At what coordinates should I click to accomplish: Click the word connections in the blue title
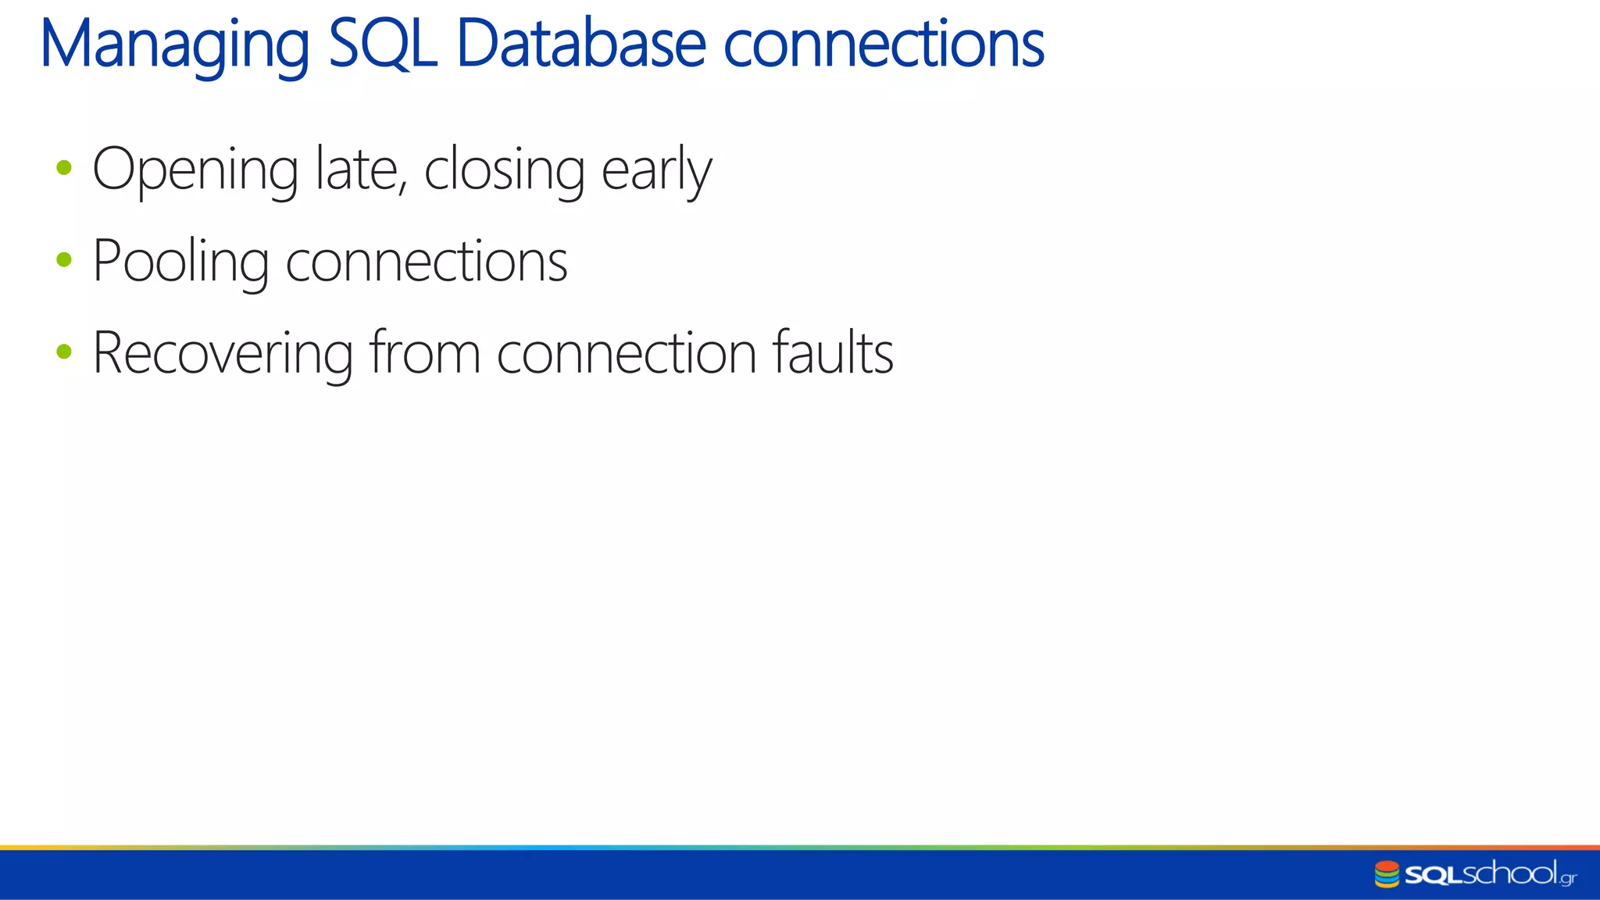(x=884, y=45)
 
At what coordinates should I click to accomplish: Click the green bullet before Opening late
(x=64, y=167)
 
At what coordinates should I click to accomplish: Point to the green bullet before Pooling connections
(x=64, y=259)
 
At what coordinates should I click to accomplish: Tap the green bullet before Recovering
(x=64, y=352)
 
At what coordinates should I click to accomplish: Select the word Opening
(x=195, y=170)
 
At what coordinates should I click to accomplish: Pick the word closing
(x=504, y=170)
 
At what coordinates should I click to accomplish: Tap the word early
(x=656, y=170)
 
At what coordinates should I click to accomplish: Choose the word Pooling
(x=180, y=262)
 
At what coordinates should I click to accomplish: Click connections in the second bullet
(x=427, y=261)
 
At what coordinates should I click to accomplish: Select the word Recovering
(x=223, y=354)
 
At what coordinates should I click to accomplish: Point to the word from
(x=424, y=352)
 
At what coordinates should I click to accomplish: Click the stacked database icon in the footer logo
(x=1387, y=874)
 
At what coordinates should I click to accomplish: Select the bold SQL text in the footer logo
(x=1433, y=875)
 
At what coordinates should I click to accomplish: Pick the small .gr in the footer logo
(x=1567, y=879)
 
